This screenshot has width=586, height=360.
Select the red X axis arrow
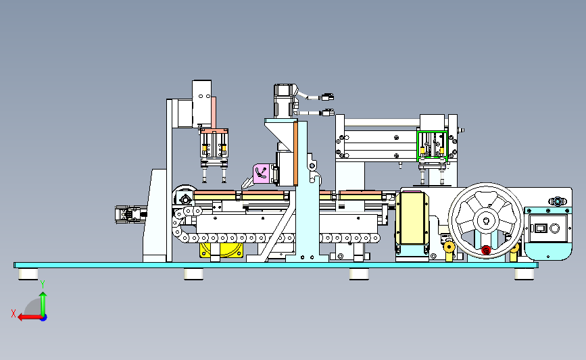pos(30,317)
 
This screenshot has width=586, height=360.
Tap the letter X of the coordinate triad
pos(14,313)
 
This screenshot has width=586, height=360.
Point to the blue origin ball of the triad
pos(44,317)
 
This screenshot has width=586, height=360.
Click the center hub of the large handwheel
pos(486,220)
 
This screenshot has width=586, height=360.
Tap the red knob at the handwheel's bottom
pos(486,250)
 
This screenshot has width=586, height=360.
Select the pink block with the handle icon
pos(262,174)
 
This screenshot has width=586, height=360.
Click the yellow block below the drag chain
pos(221,250)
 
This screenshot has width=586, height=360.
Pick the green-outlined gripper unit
pos(432,146)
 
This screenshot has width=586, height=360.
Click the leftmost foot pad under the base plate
pos(28,274)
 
